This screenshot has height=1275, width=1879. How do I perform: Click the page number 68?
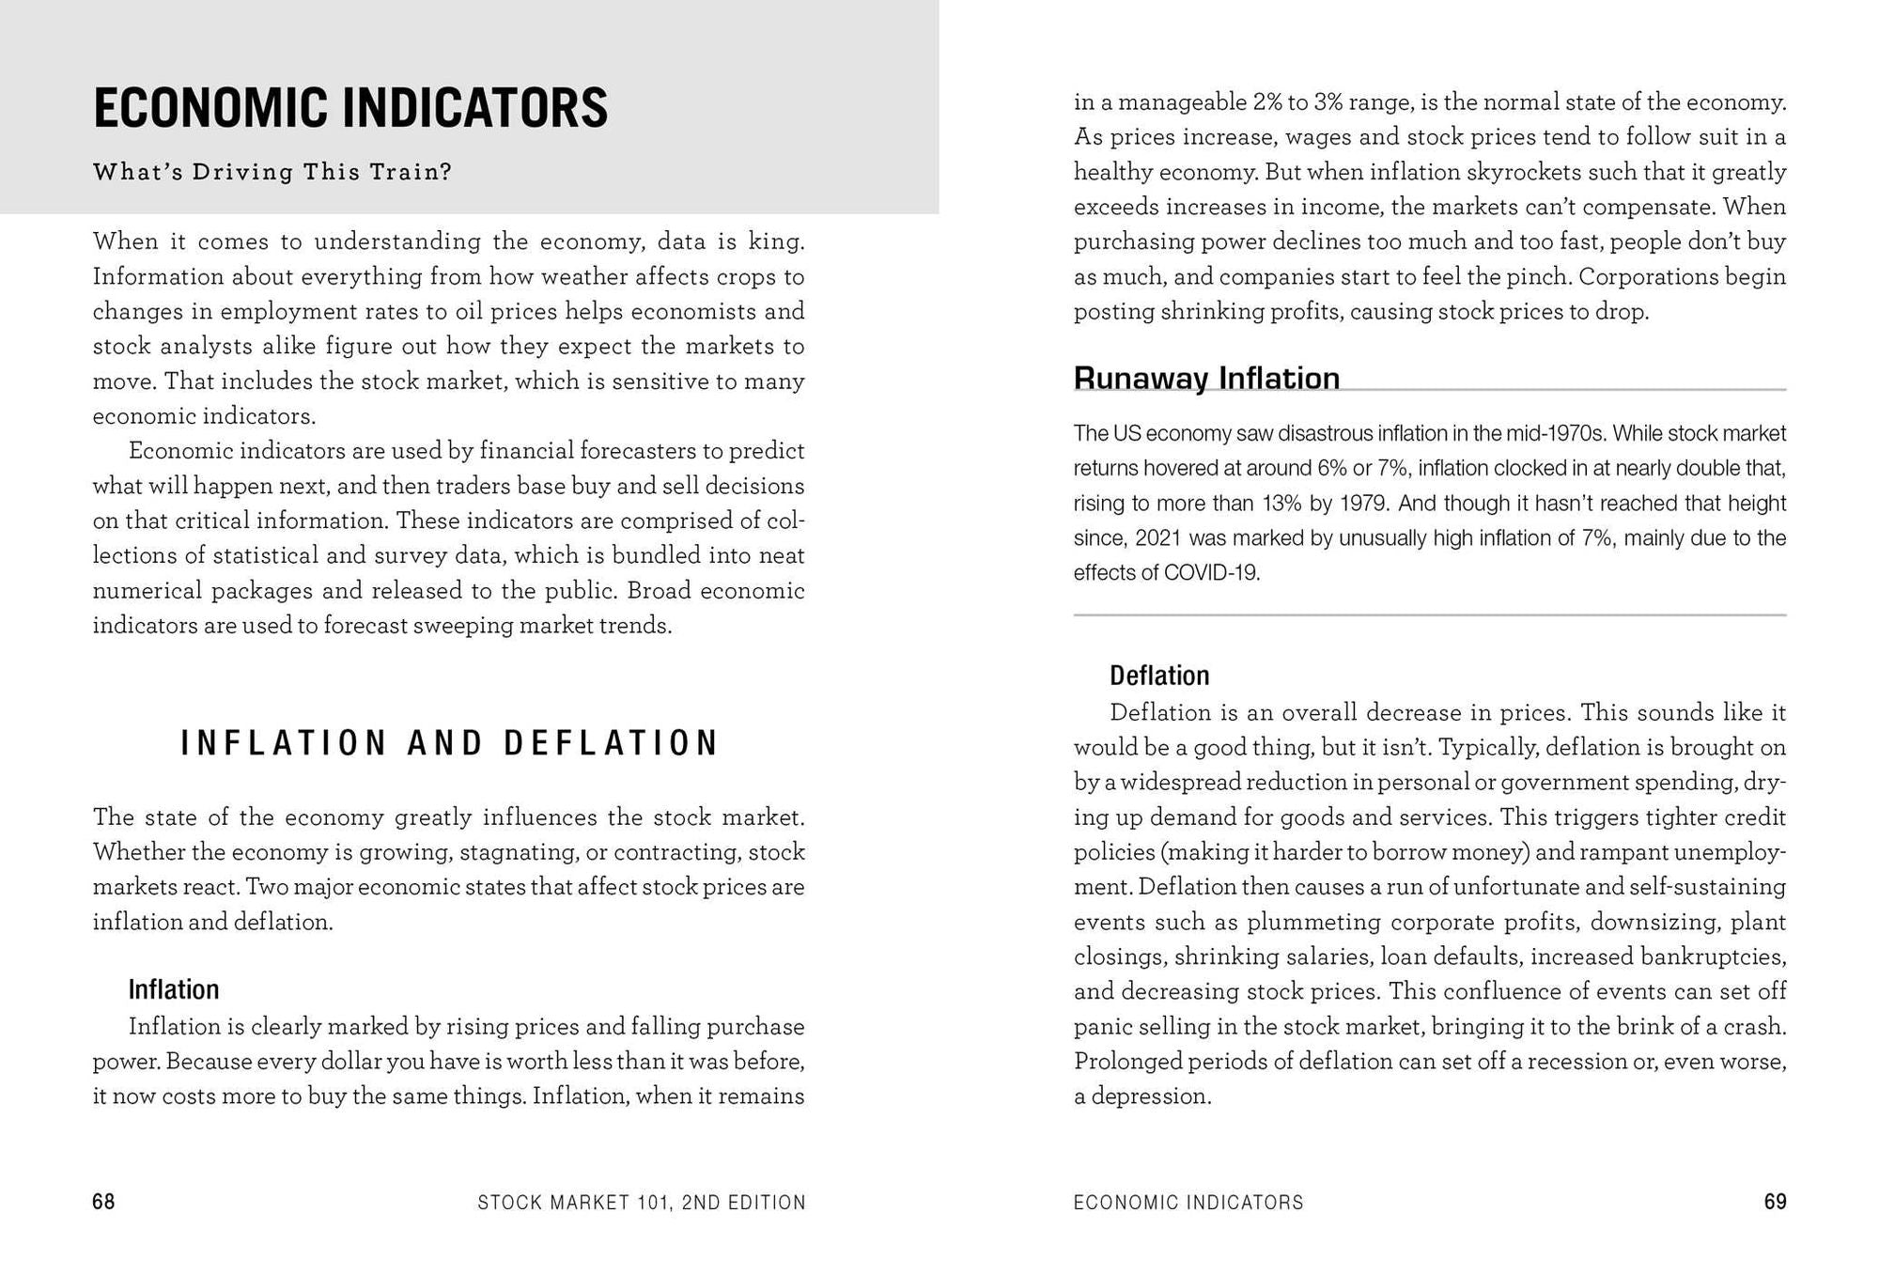point(103,1202)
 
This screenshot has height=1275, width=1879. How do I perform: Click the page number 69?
point(1775,1202)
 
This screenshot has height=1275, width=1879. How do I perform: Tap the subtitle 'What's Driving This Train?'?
point(272,172)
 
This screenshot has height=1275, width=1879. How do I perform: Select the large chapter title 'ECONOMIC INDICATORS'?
point(350,107)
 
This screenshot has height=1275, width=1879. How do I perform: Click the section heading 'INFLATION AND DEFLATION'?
point(449,743)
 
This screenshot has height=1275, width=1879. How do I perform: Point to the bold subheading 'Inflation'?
point(174,989)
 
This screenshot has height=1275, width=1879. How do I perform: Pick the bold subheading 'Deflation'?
point(1159,676)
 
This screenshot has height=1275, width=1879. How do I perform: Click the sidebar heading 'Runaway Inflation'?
point(1206,378)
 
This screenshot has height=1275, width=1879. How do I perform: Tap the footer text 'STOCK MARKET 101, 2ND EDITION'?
point(642,1203)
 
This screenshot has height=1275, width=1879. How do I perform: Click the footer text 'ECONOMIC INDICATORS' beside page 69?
point(1188,1203)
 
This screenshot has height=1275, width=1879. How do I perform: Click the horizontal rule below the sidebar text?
point(1430,615)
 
